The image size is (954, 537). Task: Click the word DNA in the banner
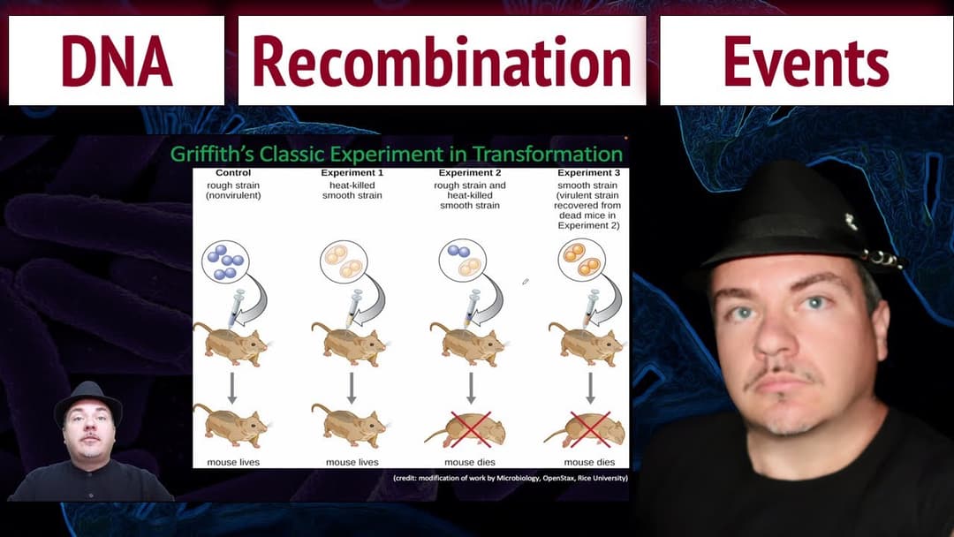(x=116, y=62)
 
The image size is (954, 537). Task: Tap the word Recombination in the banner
(x=442, y=62)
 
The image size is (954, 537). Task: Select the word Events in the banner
(x=806, y=62)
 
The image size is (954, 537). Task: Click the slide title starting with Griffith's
(x=397, y=154)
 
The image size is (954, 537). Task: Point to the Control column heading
(x=232, y=173)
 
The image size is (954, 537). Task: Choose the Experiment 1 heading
(x=352, y=173)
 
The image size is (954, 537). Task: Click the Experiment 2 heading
(x=470, y=173)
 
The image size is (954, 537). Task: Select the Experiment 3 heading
(x=589, y=173)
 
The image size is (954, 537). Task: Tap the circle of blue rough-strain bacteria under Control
(x=225, y=261)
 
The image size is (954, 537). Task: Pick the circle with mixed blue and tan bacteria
(x=463, y=260)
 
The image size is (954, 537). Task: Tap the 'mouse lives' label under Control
(x=232, y=462)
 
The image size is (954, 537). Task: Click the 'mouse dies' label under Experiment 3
(x=589, y=462)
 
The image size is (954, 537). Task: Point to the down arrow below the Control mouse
(x=232, y=387)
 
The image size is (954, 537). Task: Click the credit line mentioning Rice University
(x=510, y=478)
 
